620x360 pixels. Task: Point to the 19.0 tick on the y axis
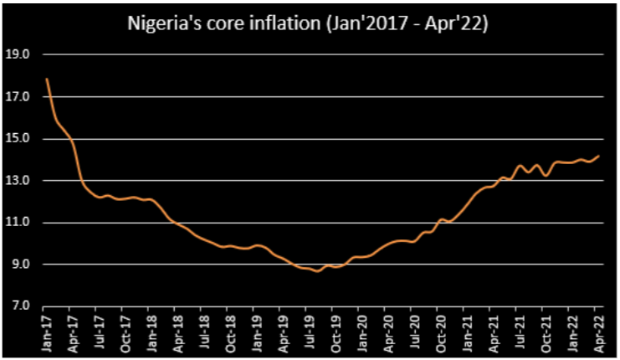18,55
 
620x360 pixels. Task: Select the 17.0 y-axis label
18,97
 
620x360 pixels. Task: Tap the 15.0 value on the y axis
18,139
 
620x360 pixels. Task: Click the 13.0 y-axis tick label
18,181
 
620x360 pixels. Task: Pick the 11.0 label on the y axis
18,223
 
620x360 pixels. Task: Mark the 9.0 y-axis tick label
18,265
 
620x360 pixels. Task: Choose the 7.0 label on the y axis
18,306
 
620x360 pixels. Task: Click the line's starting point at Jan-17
46,79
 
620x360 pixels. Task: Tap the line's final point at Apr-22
598,156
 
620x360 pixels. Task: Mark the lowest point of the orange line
317,271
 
